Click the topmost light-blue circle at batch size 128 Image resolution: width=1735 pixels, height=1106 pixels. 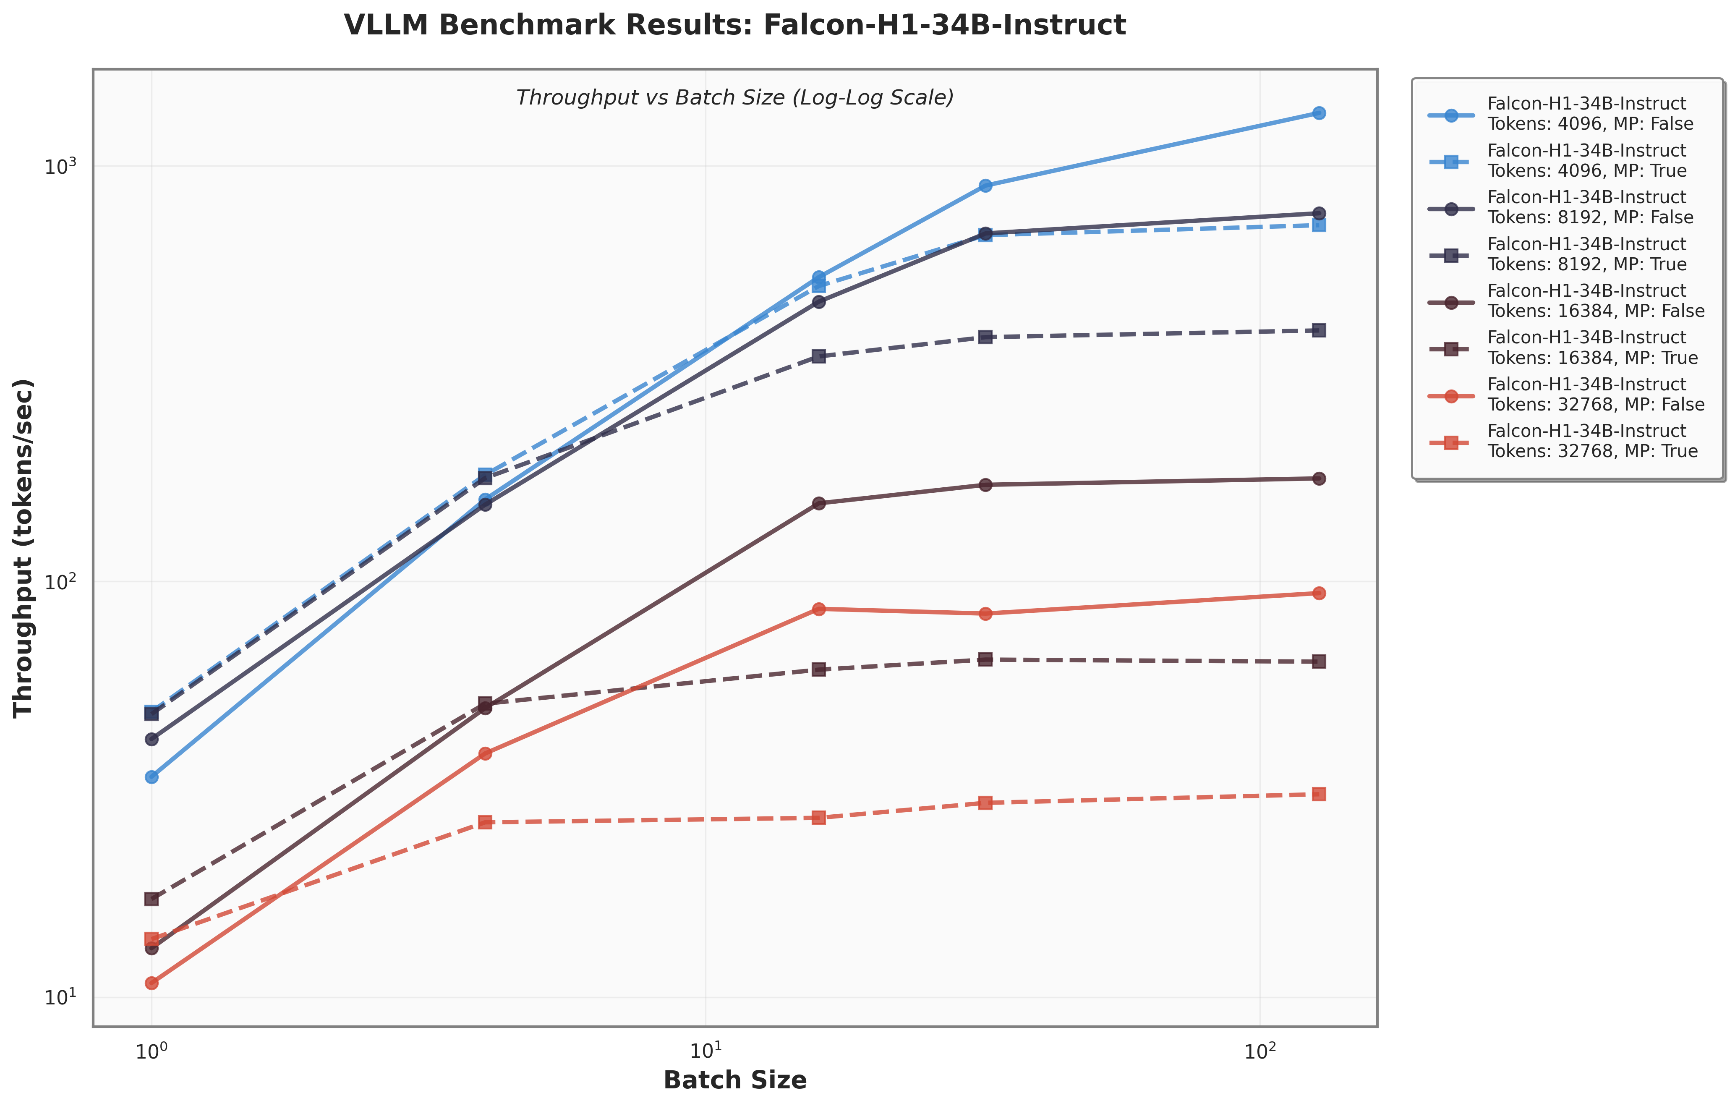tap(1319, 113)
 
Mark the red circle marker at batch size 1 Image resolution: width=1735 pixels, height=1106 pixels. tap(152, 983)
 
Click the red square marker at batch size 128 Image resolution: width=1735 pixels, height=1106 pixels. tap(1319, 794)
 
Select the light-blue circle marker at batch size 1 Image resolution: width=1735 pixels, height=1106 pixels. tap(152, 777)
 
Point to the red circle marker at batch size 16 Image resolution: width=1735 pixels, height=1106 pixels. tap(818, 609)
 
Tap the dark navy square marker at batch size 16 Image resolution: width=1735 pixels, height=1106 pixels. tap(818, 356)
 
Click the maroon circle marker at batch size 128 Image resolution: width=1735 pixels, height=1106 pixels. tap(1319, 478)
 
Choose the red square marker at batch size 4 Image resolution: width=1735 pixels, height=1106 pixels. tap(485, 822)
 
